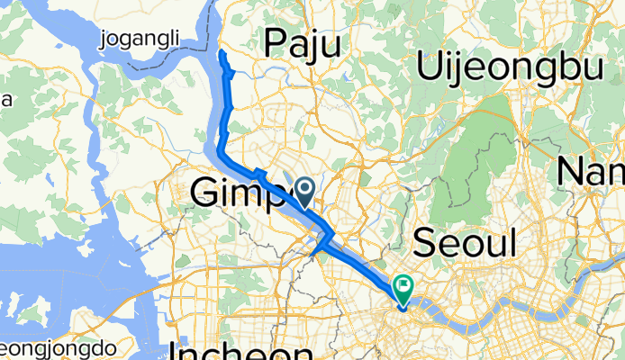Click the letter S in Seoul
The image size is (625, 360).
426,243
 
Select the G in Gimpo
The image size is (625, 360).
207,191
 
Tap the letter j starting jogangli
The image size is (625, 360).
107,40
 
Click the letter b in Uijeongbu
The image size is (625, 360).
564,67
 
